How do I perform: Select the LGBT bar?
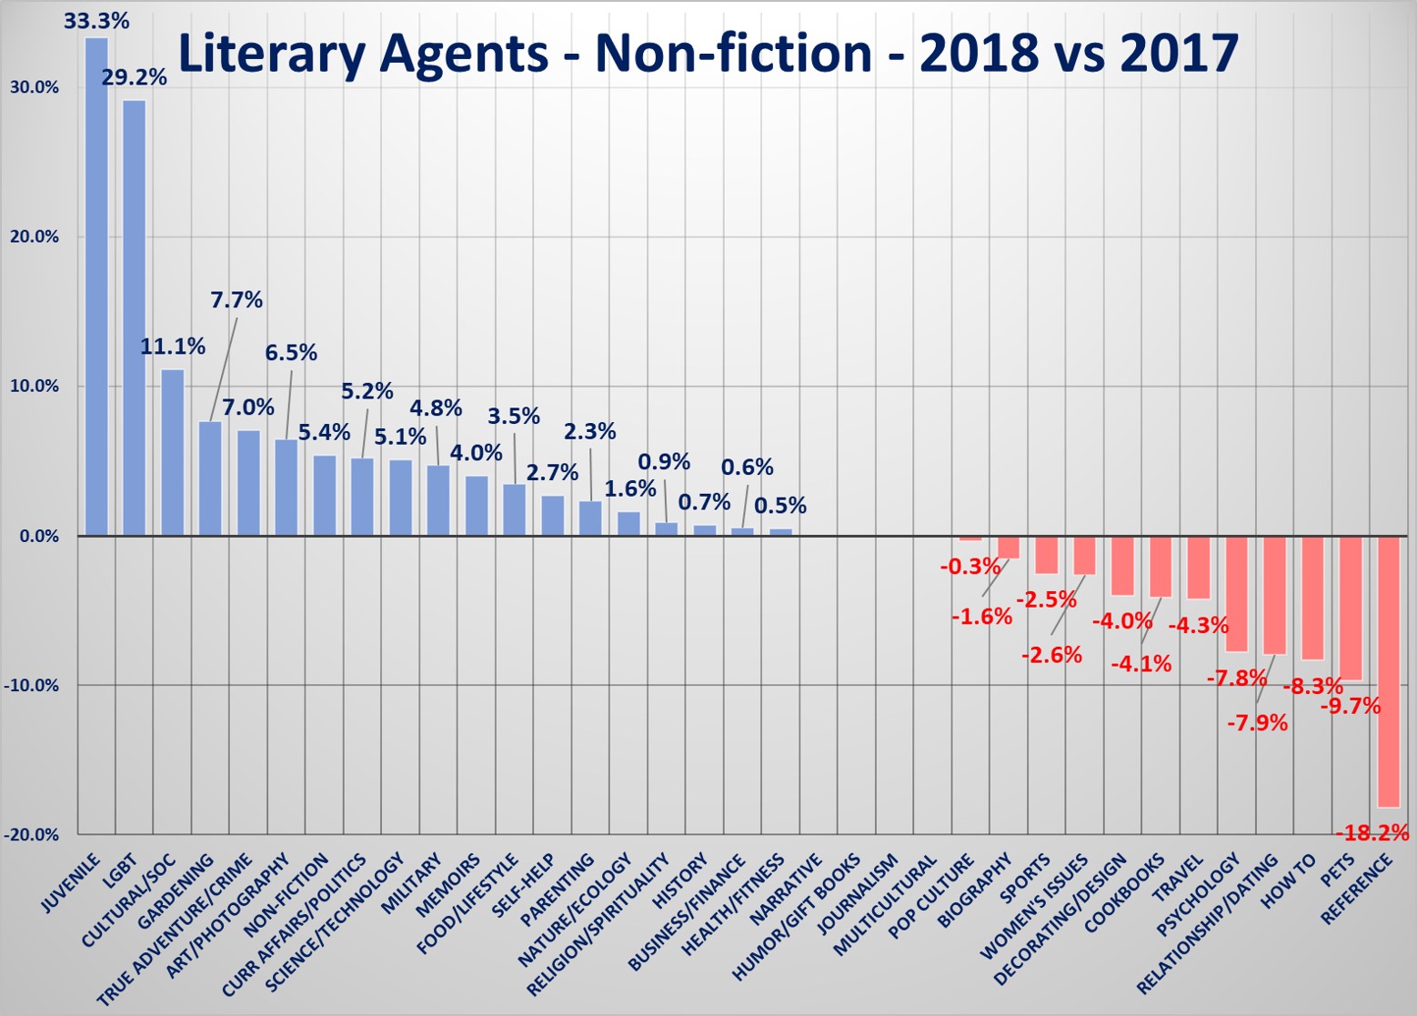point(135,317)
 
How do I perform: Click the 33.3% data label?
point(96,20)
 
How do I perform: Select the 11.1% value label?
point(173,347)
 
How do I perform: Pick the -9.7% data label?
point(1351,706)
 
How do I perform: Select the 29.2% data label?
point(135,77)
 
